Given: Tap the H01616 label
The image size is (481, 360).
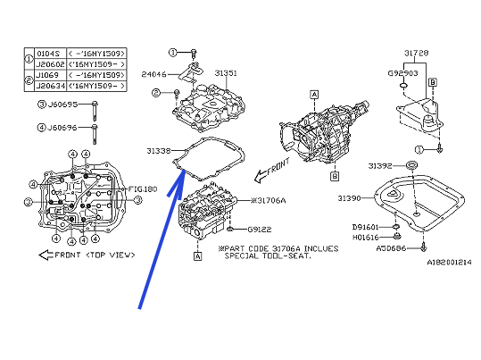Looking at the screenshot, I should point(365,238).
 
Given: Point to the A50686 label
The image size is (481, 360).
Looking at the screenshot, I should point(365,247).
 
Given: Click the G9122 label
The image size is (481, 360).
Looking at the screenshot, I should point(261,229).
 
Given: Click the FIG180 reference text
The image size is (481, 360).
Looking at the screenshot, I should point(142,189).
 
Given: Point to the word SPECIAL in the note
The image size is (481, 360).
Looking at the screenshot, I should point(228,255).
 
